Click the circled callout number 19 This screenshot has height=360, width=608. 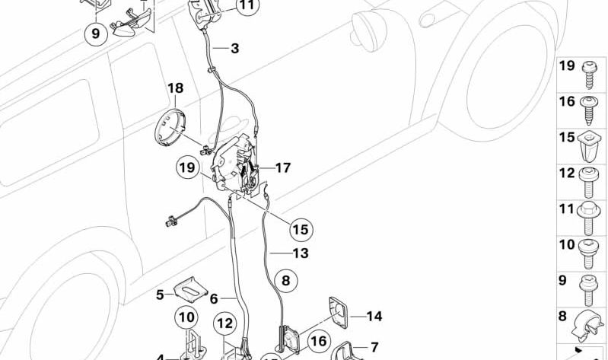pos(188,167)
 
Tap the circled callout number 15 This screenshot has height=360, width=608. pos(300,228)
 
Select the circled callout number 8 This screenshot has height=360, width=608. pos(285,281)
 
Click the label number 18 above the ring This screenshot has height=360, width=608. pos(175,89)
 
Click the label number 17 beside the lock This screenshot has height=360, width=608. pos(282,167)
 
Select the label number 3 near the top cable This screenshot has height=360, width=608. pos(234,49)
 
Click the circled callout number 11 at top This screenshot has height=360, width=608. pos(247,7)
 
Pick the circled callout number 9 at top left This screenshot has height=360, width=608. pos(96,33)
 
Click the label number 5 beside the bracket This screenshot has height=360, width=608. pos(160,295)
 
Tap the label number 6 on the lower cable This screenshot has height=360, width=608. pos(214,299)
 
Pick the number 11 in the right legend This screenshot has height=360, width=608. pos(566,208)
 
